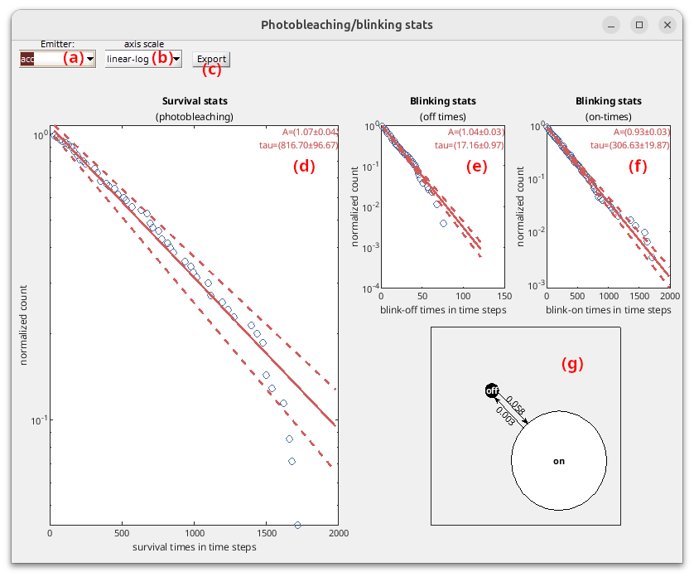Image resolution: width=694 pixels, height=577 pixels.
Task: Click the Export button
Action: point(210,59)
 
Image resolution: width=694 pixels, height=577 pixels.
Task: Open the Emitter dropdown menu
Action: point(57,59)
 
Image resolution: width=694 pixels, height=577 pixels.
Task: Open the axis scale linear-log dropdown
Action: point(142,59)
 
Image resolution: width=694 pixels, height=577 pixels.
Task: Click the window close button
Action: point(667,25)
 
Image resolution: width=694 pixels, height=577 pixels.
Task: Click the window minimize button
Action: point(610,25)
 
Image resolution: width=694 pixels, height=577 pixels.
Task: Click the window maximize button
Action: point(639,25)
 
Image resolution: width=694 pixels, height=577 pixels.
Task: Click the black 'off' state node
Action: point(492,391)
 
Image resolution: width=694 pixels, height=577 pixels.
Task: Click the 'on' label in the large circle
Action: point(559,461)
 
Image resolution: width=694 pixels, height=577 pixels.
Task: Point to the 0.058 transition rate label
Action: point(515,405)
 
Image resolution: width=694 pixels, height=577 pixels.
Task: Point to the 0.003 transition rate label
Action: point(505,416)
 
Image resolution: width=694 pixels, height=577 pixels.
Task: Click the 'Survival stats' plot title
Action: point(194,101)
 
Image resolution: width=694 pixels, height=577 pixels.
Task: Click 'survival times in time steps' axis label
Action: point(194,547)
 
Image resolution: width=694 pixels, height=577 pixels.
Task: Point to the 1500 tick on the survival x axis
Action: point(266,534)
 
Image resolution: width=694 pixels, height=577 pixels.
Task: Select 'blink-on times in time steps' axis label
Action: point(608,309)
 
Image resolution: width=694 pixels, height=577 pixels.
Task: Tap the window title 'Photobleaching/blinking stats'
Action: point(346,25)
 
